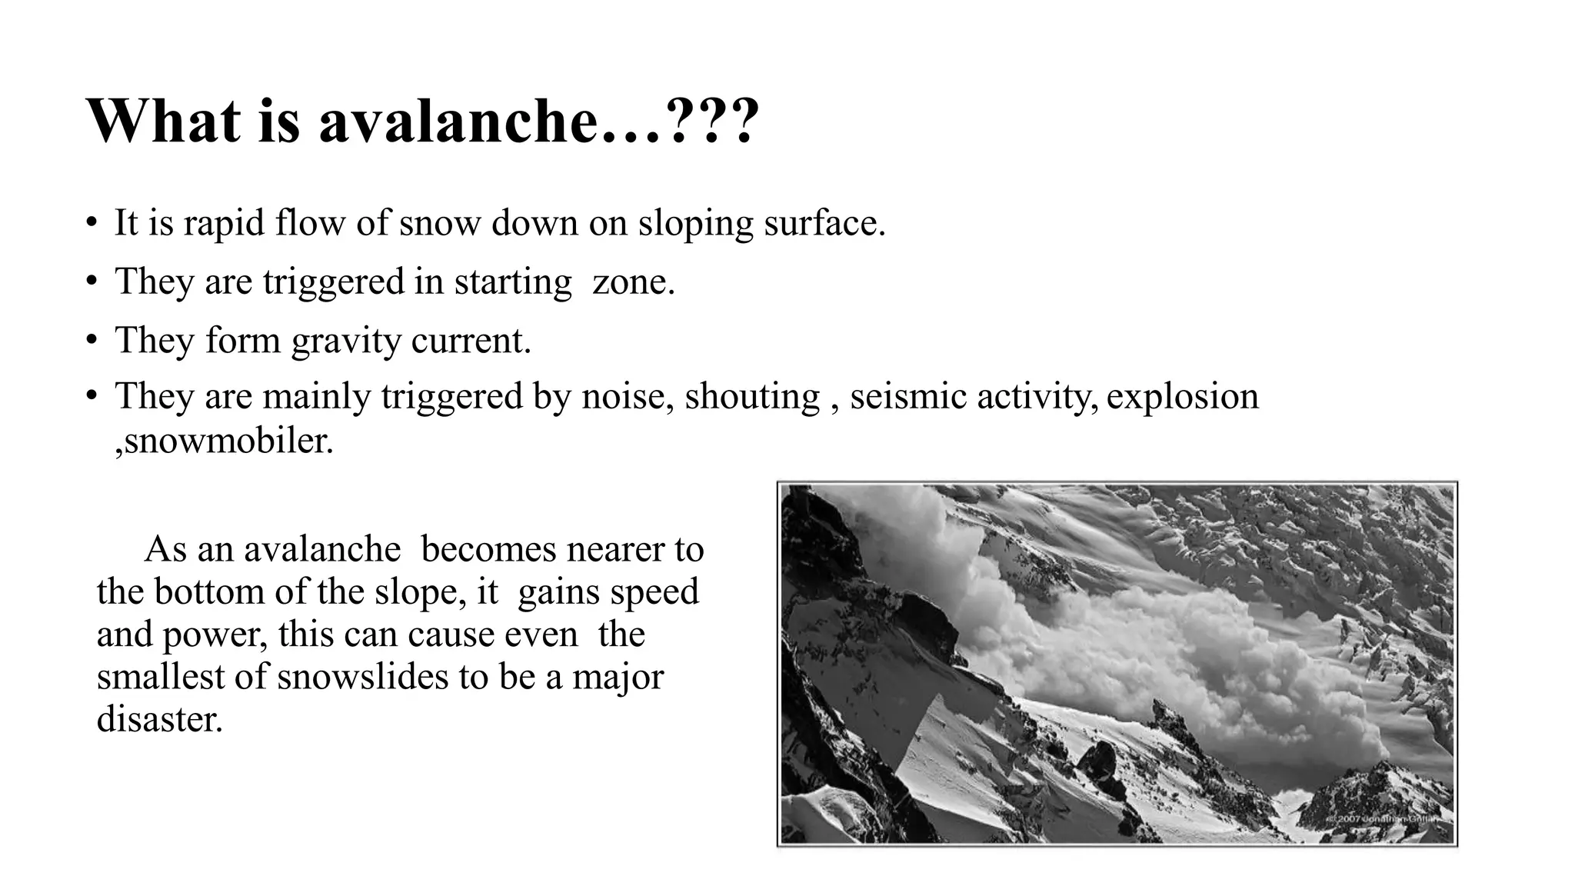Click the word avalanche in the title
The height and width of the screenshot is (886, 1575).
458,121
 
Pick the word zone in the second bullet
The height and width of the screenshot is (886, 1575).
633,281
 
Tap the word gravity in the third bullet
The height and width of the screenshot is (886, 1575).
346,341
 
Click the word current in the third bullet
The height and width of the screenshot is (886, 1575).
471,340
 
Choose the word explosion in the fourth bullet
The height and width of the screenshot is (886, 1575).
1183,397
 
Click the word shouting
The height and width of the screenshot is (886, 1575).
752,398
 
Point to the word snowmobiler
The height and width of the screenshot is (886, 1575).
228,441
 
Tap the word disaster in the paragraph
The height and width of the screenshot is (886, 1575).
159,718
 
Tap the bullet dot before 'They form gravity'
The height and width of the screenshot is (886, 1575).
92,340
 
